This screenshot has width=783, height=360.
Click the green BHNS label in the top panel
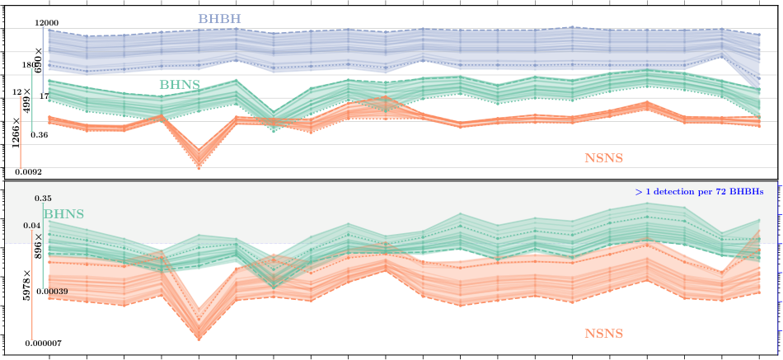coord(180,84)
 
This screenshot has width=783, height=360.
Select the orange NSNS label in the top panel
coord(604,157)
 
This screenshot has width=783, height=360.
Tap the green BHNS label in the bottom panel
coord(63,214)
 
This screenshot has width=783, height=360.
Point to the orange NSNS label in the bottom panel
coord(604,334)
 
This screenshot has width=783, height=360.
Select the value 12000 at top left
coord(46,22)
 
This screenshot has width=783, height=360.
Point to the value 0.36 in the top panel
coord(39,134)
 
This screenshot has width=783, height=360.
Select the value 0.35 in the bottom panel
coord(43,199)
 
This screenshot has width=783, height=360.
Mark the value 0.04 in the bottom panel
coord(32,225)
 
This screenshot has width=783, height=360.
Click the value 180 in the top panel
coord(28,64)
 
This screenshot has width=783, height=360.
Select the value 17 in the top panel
coord(45,96)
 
